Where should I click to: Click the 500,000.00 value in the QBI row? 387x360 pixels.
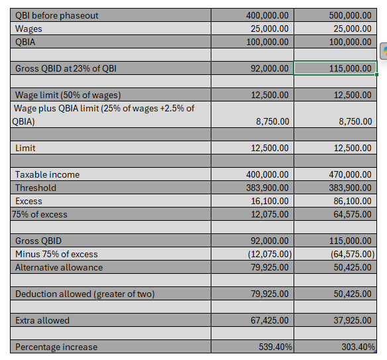[350, 15]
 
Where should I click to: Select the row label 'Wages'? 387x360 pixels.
[28, 29]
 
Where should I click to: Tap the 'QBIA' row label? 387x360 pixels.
[26, 42]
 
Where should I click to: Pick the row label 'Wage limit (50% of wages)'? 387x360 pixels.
[68, 95]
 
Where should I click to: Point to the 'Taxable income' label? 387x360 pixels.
[47, 174]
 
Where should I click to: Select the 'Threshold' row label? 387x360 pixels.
[36, 188]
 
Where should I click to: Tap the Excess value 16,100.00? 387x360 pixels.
[270, 201]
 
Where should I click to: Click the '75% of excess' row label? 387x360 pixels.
[40, 214]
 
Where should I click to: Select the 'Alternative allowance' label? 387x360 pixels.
[59, 267]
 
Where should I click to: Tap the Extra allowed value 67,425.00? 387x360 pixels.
[270, 320]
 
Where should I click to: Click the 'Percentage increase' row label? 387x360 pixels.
[56, 347]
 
